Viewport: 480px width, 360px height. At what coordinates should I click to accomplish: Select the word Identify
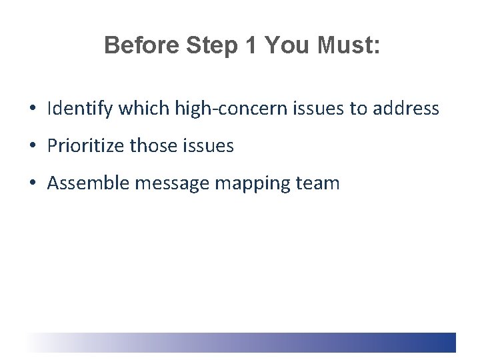pyautogui.click(x=75, y=108)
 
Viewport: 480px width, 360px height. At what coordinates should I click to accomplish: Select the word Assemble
pyautogui.click(x=89, y=183)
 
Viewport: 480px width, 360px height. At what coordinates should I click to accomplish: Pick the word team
pyautogui.click(x=319, y=183)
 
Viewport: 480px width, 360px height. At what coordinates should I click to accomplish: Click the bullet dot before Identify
pyautogui.click(x=33, y=109)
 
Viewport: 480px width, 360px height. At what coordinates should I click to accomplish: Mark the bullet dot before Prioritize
pyautogui.click(x=33, y=146)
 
